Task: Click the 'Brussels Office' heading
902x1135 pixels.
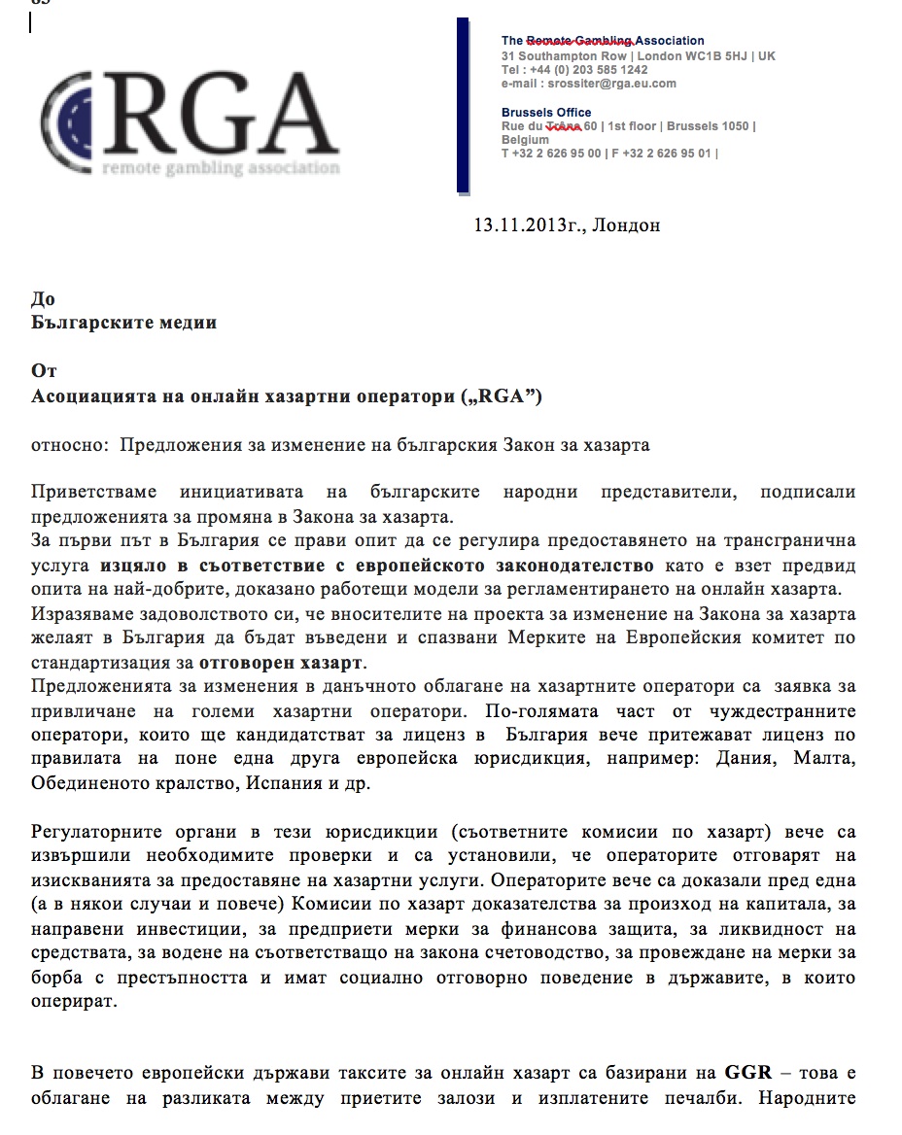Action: coord(546,113)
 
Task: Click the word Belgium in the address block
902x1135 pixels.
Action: coord(525,140)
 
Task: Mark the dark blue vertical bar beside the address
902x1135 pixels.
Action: coord(463,105)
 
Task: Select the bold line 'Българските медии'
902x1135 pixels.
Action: coord(124,323)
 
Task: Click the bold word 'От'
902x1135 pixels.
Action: coord(45,372)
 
